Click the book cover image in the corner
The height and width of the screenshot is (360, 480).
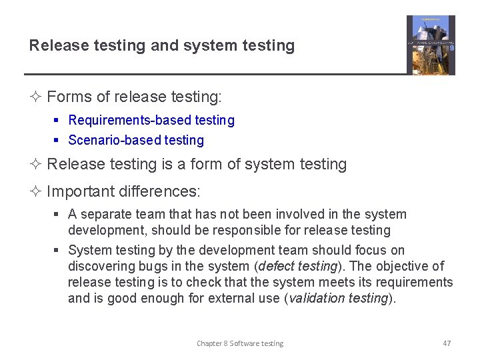pyautogui.click(x=431, y=45)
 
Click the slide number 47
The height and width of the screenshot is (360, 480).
pyautogui.click(x=447, y=343)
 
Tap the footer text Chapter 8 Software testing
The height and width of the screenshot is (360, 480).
pyautogui.click(x=240, y=343)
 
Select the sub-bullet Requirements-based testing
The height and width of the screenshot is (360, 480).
pyautogui.click(x=151, y=121)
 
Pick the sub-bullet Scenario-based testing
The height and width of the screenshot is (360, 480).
pyautogui.click(x=136, y=140)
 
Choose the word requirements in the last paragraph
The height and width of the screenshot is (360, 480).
pyautogui.click(x=417, y=282)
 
